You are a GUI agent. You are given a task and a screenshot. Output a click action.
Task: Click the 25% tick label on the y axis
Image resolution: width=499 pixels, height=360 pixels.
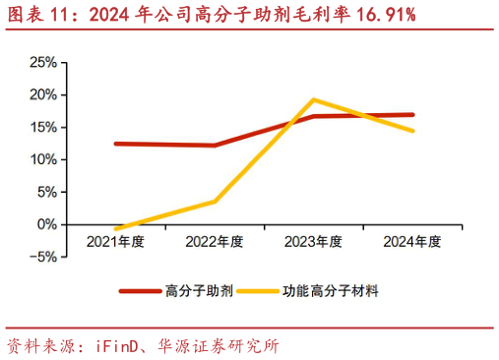pyautogui.click(x=42, y=62)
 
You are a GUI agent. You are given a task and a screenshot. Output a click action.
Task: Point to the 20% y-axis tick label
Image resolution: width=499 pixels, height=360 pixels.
pyautogui.click(x=42, y=94)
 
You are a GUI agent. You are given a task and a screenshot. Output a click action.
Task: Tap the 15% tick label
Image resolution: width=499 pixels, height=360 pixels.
pyautogui.click(x=42, y=127)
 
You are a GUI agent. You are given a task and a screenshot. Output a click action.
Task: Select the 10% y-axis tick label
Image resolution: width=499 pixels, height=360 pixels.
pyautogui.click(x=42, y=159)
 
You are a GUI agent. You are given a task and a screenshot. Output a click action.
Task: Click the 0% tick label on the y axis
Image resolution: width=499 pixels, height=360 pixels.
pyautogui.click(x=46, y=224)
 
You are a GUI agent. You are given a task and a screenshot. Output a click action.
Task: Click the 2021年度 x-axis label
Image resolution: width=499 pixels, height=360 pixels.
pyautogui.click(x=115, y=241)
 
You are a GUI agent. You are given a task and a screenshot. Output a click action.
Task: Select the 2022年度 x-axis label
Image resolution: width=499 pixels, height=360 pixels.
pyautogui.click(x=215, y=241)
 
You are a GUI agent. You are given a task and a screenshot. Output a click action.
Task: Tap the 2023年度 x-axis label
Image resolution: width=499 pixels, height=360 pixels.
pyautogui.click(x=313, y=241)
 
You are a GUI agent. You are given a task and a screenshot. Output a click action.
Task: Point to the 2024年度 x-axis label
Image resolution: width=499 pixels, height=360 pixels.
pyautogui.click(x=411, y=241)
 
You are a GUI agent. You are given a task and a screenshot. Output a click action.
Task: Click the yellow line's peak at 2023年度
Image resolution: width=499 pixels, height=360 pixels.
pyautogui.click(x=313, y=99)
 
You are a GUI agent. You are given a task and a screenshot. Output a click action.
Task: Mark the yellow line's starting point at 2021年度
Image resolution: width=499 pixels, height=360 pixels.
pyautogui.click(x=116, y=229)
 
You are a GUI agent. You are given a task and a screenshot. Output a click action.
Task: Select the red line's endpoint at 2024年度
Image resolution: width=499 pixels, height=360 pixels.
pyautogui.click(x=412, y=115)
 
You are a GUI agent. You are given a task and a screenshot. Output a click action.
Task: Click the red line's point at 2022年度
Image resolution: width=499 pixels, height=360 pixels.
pyautogui.click(x=215, y=146)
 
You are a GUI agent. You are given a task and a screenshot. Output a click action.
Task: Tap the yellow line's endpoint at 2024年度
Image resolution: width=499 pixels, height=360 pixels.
pyautogui.click(x=412, y=131)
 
